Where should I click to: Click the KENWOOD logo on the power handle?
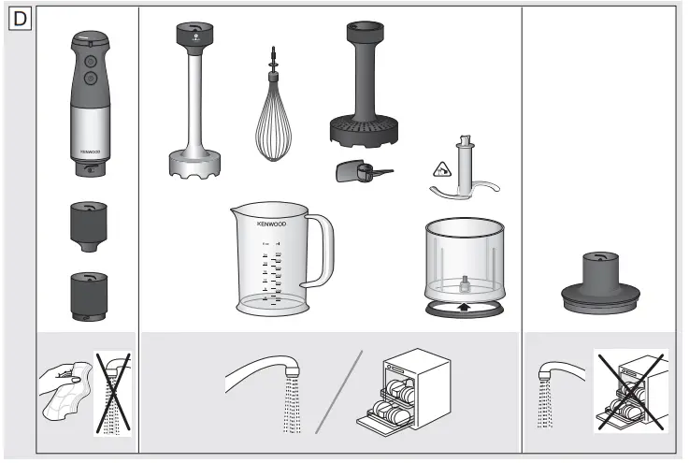pyautogui.click(x=90, y=149)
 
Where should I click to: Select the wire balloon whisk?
pyautogui.click(x=276, y=122)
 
